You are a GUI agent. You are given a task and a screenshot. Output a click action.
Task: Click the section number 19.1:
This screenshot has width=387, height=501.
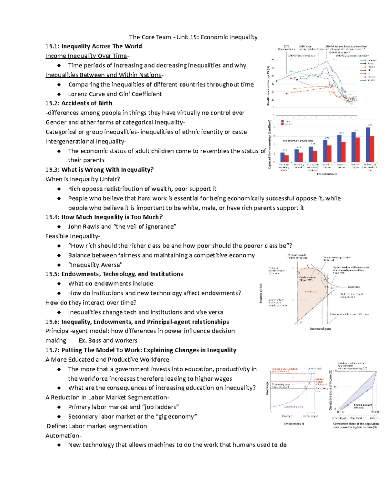pos(53,46)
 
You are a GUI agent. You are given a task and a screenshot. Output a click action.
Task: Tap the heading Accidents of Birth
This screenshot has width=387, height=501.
pos(87,103)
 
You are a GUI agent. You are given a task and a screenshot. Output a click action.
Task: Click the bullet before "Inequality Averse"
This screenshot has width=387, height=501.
pos(59,265)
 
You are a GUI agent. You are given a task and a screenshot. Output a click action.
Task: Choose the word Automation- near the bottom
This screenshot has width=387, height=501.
pos(64,436)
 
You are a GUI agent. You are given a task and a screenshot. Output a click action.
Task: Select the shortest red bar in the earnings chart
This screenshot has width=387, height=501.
pos(286,158)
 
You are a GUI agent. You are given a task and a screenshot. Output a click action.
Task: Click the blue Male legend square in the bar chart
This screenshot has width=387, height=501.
pos(283,122)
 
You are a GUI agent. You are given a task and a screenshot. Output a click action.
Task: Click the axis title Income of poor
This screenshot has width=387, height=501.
pos(320,329)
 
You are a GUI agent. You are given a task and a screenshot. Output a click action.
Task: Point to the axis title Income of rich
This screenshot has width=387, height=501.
pos(261,293)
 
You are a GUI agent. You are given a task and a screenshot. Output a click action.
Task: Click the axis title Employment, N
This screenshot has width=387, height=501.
pos(294,424)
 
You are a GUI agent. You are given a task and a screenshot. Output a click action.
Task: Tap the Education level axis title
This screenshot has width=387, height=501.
pos(326,174)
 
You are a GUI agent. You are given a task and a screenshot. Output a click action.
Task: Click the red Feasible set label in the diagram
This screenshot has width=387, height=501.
pos(311,292)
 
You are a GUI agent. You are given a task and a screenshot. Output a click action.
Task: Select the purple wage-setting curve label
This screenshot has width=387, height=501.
pos(293,407)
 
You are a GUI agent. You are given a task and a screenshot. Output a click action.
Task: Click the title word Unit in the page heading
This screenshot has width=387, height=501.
pos(182,37)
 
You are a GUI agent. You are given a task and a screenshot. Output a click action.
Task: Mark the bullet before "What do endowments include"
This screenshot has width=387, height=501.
pos(59,284)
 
